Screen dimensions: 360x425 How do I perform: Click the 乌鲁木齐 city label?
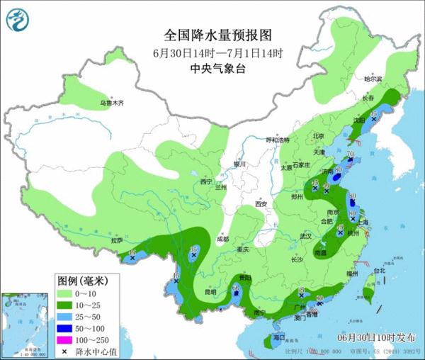pos(111,103)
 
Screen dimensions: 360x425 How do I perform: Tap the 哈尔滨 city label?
pos(373,79)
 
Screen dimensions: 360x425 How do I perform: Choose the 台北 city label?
pos(380,270)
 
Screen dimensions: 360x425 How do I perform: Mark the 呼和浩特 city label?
pos(278,140)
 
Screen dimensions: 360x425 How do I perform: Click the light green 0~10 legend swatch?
pos(67,293)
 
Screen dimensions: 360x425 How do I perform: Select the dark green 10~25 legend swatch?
pos(67,305)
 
